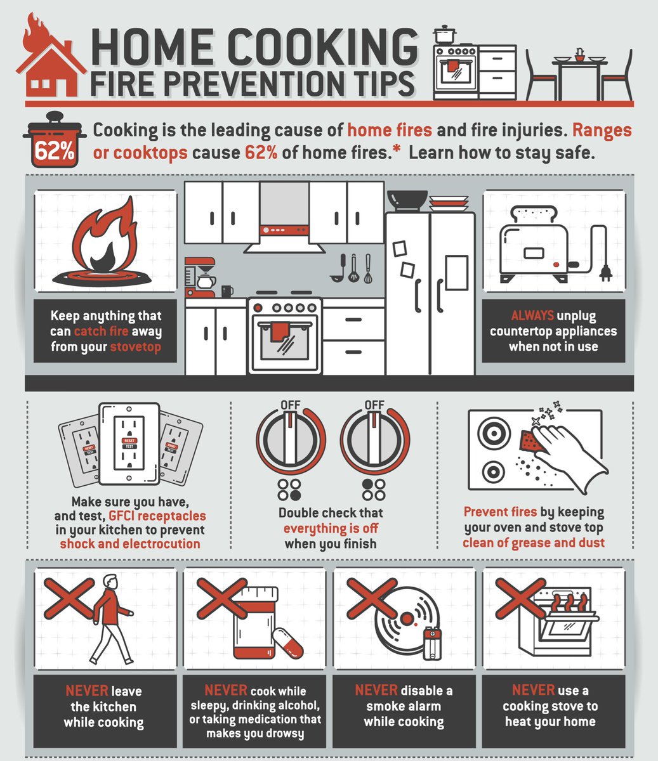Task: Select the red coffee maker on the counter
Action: [x=200, y=277]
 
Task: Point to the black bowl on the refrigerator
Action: [x=407, y=200]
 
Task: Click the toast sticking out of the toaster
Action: [x=534, y=214]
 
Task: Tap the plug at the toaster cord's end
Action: [x=605, y=273]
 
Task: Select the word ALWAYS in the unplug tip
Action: [x=532, y=316]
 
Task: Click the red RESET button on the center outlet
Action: [x=129, y=440]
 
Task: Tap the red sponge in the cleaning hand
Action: [x=530, y=441]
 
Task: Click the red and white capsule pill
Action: [x=287, y=643]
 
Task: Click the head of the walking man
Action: [x=110, y=582]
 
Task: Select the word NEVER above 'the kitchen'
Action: [x=87, y=691]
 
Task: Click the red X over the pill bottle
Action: [x=222, y=598]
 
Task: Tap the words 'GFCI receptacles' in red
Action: [x=157, y=516]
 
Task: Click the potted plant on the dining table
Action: [x=579, y=55]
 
